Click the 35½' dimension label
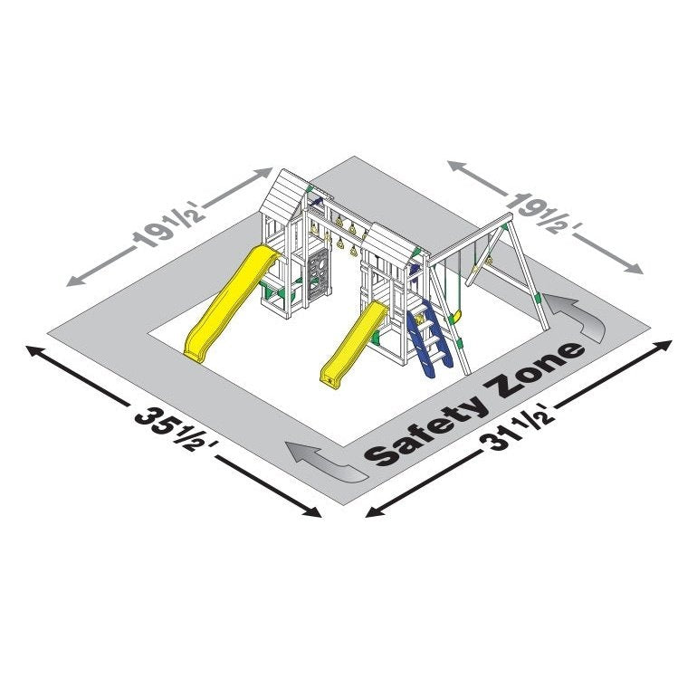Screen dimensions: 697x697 175,430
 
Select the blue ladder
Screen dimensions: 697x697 429,338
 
